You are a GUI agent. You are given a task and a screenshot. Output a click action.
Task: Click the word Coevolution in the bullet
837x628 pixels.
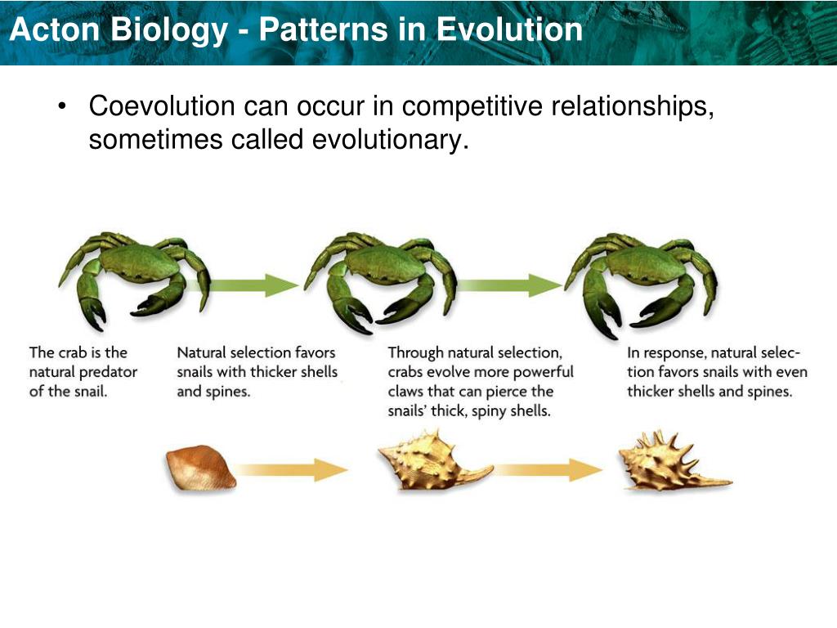(162, 105)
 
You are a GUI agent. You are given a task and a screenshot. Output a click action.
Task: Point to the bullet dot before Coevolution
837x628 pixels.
(62, 105)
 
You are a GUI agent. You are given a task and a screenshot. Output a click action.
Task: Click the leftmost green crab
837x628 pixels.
(135, 280)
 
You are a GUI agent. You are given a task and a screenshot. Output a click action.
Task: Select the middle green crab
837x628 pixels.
(381, 282)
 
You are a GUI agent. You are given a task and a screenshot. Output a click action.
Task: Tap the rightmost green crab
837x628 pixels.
(642, 284)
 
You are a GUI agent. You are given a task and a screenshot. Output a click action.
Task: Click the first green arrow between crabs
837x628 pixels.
(251, 285)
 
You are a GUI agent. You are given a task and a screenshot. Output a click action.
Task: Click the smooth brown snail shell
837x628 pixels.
(200, 469)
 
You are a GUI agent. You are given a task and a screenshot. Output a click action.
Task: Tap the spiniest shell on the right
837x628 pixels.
(674, 461)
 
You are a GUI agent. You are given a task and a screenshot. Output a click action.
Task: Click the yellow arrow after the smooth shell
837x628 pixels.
(292, 470)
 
